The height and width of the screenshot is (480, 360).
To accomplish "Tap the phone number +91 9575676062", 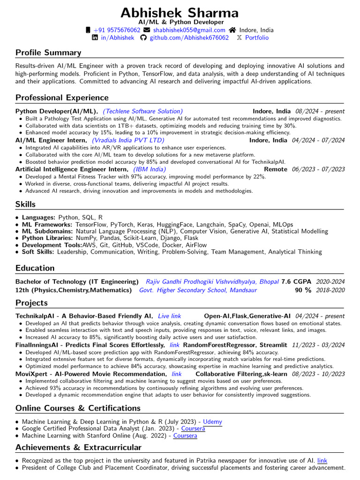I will pyautogui.click(x=117, y=30).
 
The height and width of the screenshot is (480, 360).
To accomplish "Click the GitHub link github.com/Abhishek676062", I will pyautogui.click(x=189, y=37).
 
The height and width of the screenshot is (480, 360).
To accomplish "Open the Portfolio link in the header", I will pyautogui.click(x=257, y=37).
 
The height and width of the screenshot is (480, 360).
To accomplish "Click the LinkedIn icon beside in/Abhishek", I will pyautogui.click(x=95, y=37).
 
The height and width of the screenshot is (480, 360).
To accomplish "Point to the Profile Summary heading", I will pyautogui.click(x=48, y=52).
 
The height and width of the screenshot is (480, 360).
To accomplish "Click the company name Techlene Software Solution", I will pyautogui.click(x=142, y=111).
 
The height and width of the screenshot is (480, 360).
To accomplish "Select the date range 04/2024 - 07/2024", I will pyautogui.click(x=318, y=140).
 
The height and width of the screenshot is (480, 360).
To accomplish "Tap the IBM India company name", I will pyautogui.click(x=150, y=169).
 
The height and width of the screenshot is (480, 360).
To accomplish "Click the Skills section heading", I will pyautogui.click(x=25, y=204).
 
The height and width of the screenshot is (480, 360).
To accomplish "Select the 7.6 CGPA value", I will pyautogui.click(x=296, y=282).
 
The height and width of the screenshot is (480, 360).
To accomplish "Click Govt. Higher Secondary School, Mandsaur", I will pyautogui.click(x=198, y=290).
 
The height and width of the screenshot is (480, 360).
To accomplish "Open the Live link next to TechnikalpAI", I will pyautogui.click(x=169, y=316).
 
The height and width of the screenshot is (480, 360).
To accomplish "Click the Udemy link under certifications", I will pyautogui.click(x=212, y=422).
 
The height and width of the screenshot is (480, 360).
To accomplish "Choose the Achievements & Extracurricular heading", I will pyautogui.click(x=78, y=447).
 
